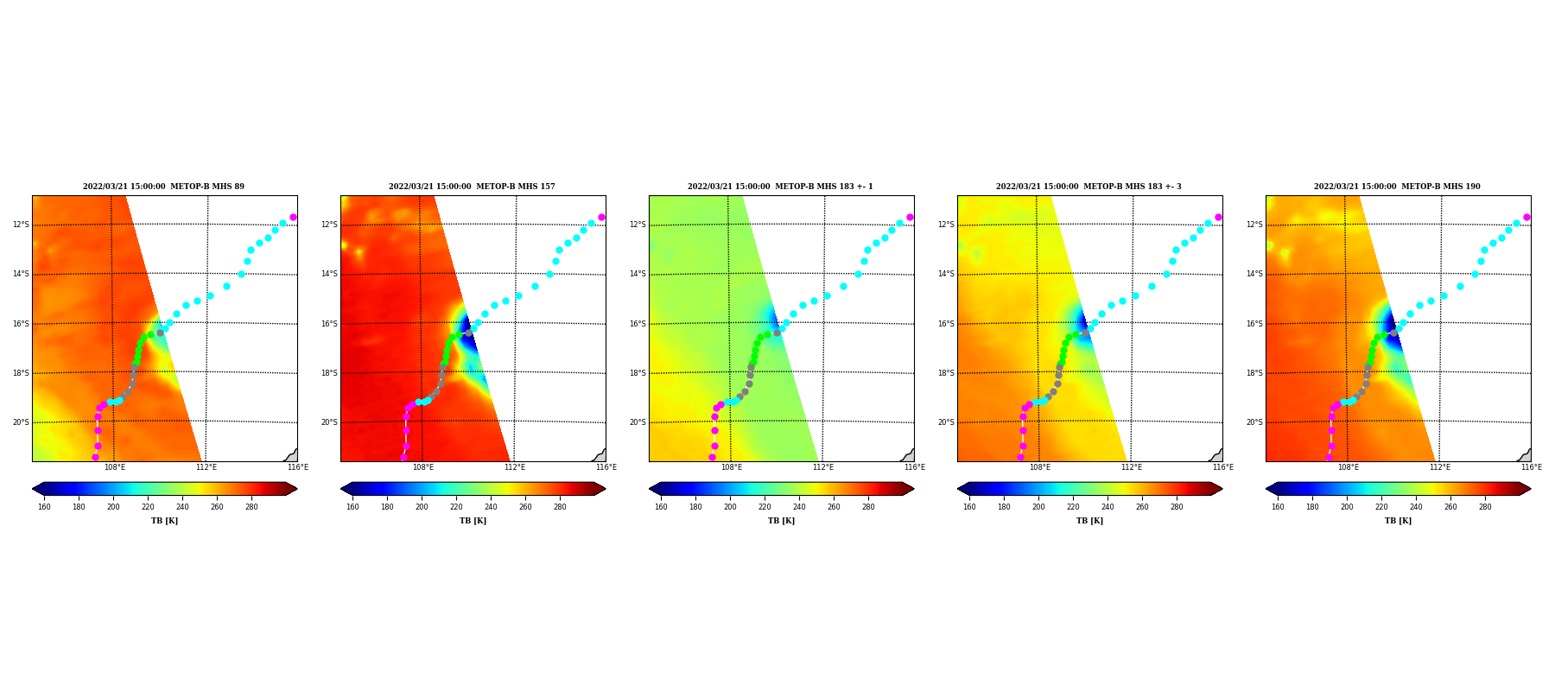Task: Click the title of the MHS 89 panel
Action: point(163,187)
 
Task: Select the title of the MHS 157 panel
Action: point(472,187)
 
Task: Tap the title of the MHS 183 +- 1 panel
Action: point(780,187)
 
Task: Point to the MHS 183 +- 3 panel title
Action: point(1088,187)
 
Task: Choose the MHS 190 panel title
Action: point(1397,187)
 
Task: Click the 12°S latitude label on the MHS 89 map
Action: point(21,225)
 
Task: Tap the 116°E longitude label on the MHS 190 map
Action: point(1532,467)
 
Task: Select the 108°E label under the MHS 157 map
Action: point(423,467)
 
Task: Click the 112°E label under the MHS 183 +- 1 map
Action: point(823,467)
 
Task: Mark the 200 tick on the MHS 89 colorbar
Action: point(113,507)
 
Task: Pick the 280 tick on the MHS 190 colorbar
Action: point(1485,507)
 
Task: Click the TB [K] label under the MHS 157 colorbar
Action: point(473,521)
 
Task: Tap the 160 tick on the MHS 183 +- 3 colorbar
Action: point(969,507)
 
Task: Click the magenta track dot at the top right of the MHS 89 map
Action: point(293,217)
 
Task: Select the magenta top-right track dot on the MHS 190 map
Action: point(1526,217)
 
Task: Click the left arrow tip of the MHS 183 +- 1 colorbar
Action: point(650,489)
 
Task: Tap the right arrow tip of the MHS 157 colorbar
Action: point(606,489)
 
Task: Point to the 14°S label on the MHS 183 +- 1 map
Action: point(638,274)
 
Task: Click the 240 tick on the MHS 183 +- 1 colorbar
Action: point(799,507)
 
